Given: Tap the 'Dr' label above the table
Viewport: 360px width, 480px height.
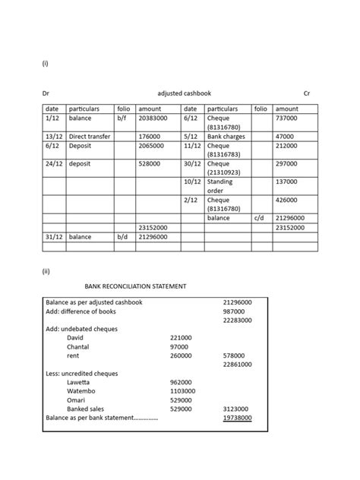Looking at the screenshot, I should click(x=45, y=93).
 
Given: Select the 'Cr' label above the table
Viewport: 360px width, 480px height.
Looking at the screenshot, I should click(x=307, y=93).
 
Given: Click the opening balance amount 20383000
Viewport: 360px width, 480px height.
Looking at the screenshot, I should click(x=153, y=119).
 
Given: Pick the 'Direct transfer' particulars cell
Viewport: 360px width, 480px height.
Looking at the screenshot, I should click(x=89, y=136).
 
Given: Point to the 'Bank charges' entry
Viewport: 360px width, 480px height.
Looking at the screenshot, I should click(x=226, y=136).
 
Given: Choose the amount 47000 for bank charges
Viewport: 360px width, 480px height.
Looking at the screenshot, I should click(x=286, y=136).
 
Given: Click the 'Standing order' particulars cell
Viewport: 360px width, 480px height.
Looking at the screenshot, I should click(x=220, y=186).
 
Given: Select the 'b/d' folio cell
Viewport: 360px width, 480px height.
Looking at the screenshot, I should click(x=123, y=237).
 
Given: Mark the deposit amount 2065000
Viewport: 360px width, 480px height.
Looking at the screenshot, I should click(x=151, y=145).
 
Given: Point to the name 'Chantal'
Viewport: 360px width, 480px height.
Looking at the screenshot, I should click(x=79, y=346).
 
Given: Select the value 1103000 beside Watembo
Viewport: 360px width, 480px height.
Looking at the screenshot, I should click(x=182, y=390).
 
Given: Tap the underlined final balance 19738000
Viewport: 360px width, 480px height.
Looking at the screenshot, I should click(x=237, y=418).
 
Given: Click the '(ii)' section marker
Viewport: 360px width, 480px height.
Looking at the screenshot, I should click(x=45, y=270).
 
